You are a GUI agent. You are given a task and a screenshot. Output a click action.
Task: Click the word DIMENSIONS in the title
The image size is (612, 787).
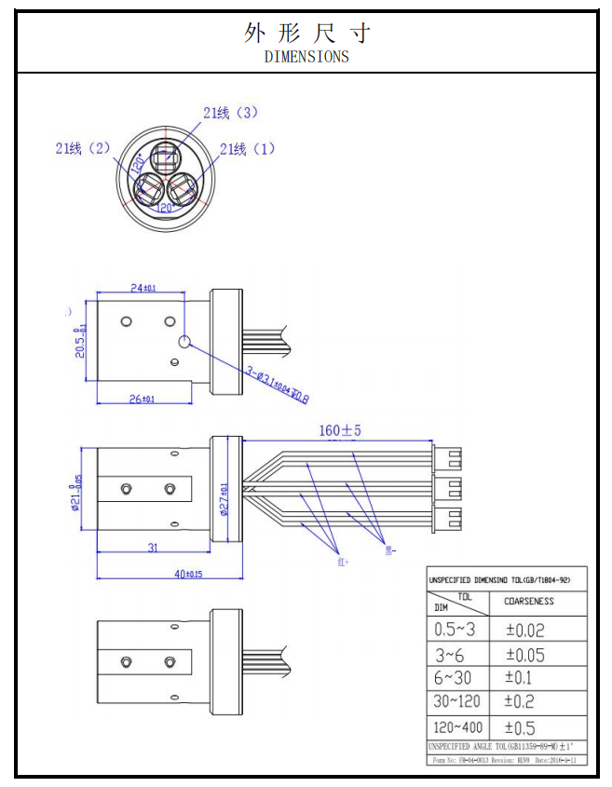[306, 56]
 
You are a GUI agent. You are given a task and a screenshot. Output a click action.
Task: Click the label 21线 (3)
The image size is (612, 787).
[230, 113]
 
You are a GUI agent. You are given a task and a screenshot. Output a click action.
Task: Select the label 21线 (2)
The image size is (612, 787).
[83, 148]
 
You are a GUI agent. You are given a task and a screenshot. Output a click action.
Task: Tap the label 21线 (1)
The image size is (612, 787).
[248, 149]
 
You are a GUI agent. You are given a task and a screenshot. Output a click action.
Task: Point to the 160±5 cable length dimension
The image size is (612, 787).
[338, 431]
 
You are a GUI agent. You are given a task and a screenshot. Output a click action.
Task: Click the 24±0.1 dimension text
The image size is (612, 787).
[143, 289]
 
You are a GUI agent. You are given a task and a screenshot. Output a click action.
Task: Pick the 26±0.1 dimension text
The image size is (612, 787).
[142, 400]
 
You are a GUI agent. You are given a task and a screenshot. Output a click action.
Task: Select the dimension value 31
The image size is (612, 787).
[153, 548]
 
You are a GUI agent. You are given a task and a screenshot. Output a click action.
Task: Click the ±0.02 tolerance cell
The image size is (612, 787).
[538, 631]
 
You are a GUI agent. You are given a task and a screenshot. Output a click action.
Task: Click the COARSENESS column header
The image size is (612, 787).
[528, 602]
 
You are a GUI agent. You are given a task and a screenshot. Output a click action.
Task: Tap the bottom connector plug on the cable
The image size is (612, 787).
[448, 517]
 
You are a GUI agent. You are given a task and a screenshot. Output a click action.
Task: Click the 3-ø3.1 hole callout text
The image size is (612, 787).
[277, 385]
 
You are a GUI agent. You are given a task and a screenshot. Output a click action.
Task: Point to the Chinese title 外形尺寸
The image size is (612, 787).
[306, 34]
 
